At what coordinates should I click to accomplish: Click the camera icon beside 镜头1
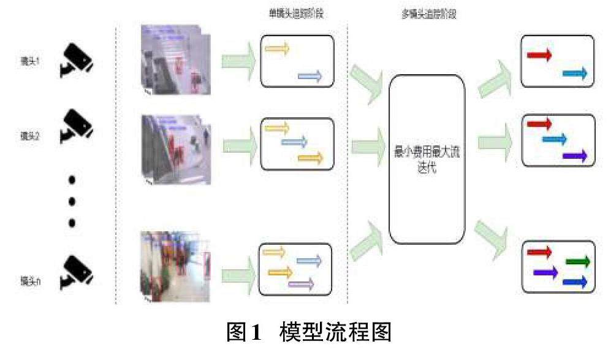[75, 60]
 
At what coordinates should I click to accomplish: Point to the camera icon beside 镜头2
[75, 128]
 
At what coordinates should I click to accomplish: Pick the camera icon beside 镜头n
[75, 271]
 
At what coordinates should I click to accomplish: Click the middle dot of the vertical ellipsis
[72, 201]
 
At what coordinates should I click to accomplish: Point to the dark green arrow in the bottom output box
[577, 262]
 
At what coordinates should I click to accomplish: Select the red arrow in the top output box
[539, 55]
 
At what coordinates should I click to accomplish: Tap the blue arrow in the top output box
[575, 74]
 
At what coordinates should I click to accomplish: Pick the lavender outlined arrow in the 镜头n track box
[300, 283]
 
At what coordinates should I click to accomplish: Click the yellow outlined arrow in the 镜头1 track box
[276, 49]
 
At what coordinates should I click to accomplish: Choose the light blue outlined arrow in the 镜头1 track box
[310, 75]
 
